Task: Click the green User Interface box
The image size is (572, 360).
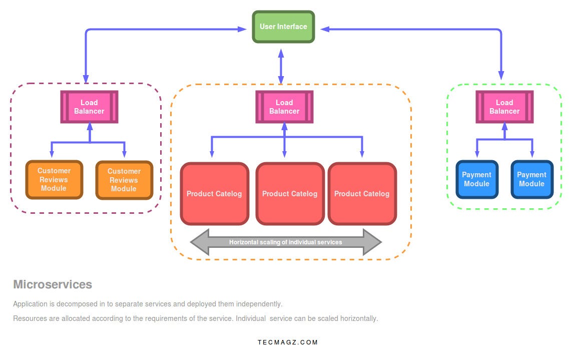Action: [283, 27]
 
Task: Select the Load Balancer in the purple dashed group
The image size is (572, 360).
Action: [89, 107]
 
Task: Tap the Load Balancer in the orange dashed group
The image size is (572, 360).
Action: [284, 107]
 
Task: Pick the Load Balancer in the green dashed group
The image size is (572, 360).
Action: [504, 107]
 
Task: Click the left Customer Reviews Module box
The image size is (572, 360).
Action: [54, 180]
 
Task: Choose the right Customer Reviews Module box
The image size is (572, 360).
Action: [124, 180]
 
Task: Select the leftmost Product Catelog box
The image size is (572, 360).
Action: [214, 194]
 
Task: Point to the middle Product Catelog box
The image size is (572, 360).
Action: [290, 194]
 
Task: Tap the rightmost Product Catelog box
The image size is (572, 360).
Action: [362, 194]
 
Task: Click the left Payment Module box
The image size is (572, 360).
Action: [476, 179]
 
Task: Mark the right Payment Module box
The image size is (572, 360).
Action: [531, 179]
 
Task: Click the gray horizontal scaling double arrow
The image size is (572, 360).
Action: [286, 242]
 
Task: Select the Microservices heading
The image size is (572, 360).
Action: [53, 285]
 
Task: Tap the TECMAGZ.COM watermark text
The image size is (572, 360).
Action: [288, 342]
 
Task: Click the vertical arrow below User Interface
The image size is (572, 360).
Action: [281, 66]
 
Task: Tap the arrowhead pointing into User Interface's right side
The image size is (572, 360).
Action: [325, 29]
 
